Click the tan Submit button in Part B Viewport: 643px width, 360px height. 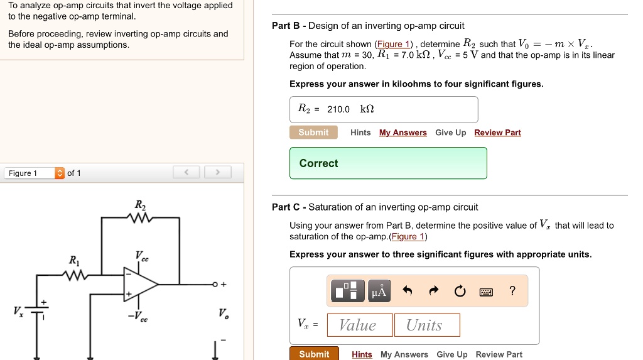[x=313, y=133]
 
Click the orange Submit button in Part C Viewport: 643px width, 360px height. [x=314, y=354]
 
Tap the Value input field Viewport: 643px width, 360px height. [x=360, y=325]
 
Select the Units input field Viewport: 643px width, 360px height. [x=427, y=325]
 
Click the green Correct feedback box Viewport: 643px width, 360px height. [x=388, y=163]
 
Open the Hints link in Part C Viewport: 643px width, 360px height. [x=362, y=354]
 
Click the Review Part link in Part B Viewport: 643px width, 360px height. [x=497, y=133]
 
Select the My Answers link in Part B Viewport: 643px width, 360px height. [x=403, y=133]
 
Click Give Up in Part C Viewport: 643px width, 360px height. [x=451, y=354]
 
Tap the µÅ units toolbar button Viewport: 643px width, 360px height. [x=380, y=290]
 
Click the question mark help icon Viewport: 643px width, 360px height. [x=512, y=290]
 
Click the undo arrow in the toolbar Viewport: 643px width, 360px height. [x=408, y=290]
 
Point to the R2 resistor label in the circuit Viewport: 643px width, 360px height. [x=139, y=205]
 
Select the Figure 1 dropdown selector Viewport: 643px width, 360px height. [x=34, y=173]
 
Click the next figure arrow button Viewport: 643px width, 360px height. [x=217, y=173]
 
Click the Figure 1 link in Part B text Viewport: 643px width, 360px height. [x=394, y=44]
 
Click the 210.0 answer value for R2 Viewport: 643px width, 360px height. [x=338, y=109]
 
